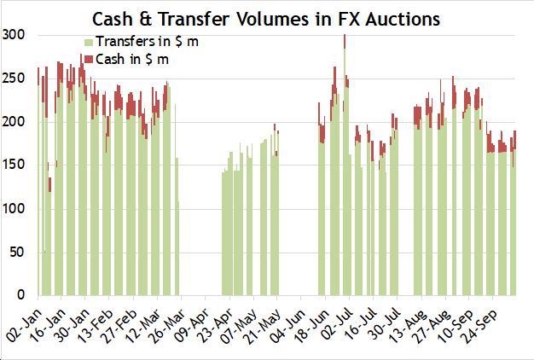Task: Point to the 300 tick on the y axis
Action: (x=14, y=34)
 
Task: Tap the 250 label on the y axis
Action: (x=14, y=78)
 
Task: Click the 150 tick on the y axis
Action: (x=14, y=165)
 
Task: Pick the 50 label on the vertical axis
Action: (x=17, y=252)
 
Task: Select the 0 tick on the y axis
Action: (x=20, y=295)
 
